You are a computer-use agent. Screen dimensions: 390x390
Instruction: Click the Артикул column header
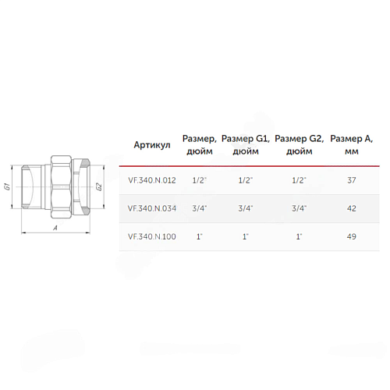[x=152, y=145]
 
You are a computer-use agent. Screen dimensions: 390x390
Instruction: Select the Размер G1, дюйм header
[x=246, y=145]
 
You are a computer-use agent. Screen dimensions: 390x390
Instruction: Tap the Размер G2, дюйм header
[x=300, y=145]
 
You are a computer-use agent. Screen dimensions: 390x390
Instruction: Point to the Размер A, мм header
[x=352, y=145]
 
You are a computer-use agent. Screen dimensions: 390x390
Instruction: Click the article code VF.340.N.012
[x=152, y=180]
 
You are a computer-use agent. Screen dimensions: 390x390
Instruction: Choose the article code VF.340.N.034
[x=152, y=208]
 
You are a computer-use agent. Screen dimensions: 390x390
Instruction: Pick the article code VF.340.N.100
[x=152, y=236]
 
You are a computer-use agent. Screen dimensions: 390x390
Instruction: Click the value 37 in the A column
[x=352, y=180]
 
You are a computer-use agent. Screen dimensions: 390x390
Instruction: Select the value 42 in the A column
[x=352, y=208]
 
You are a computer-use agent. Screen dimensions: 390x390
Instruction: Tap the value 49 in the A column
[x=352, y=236]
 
